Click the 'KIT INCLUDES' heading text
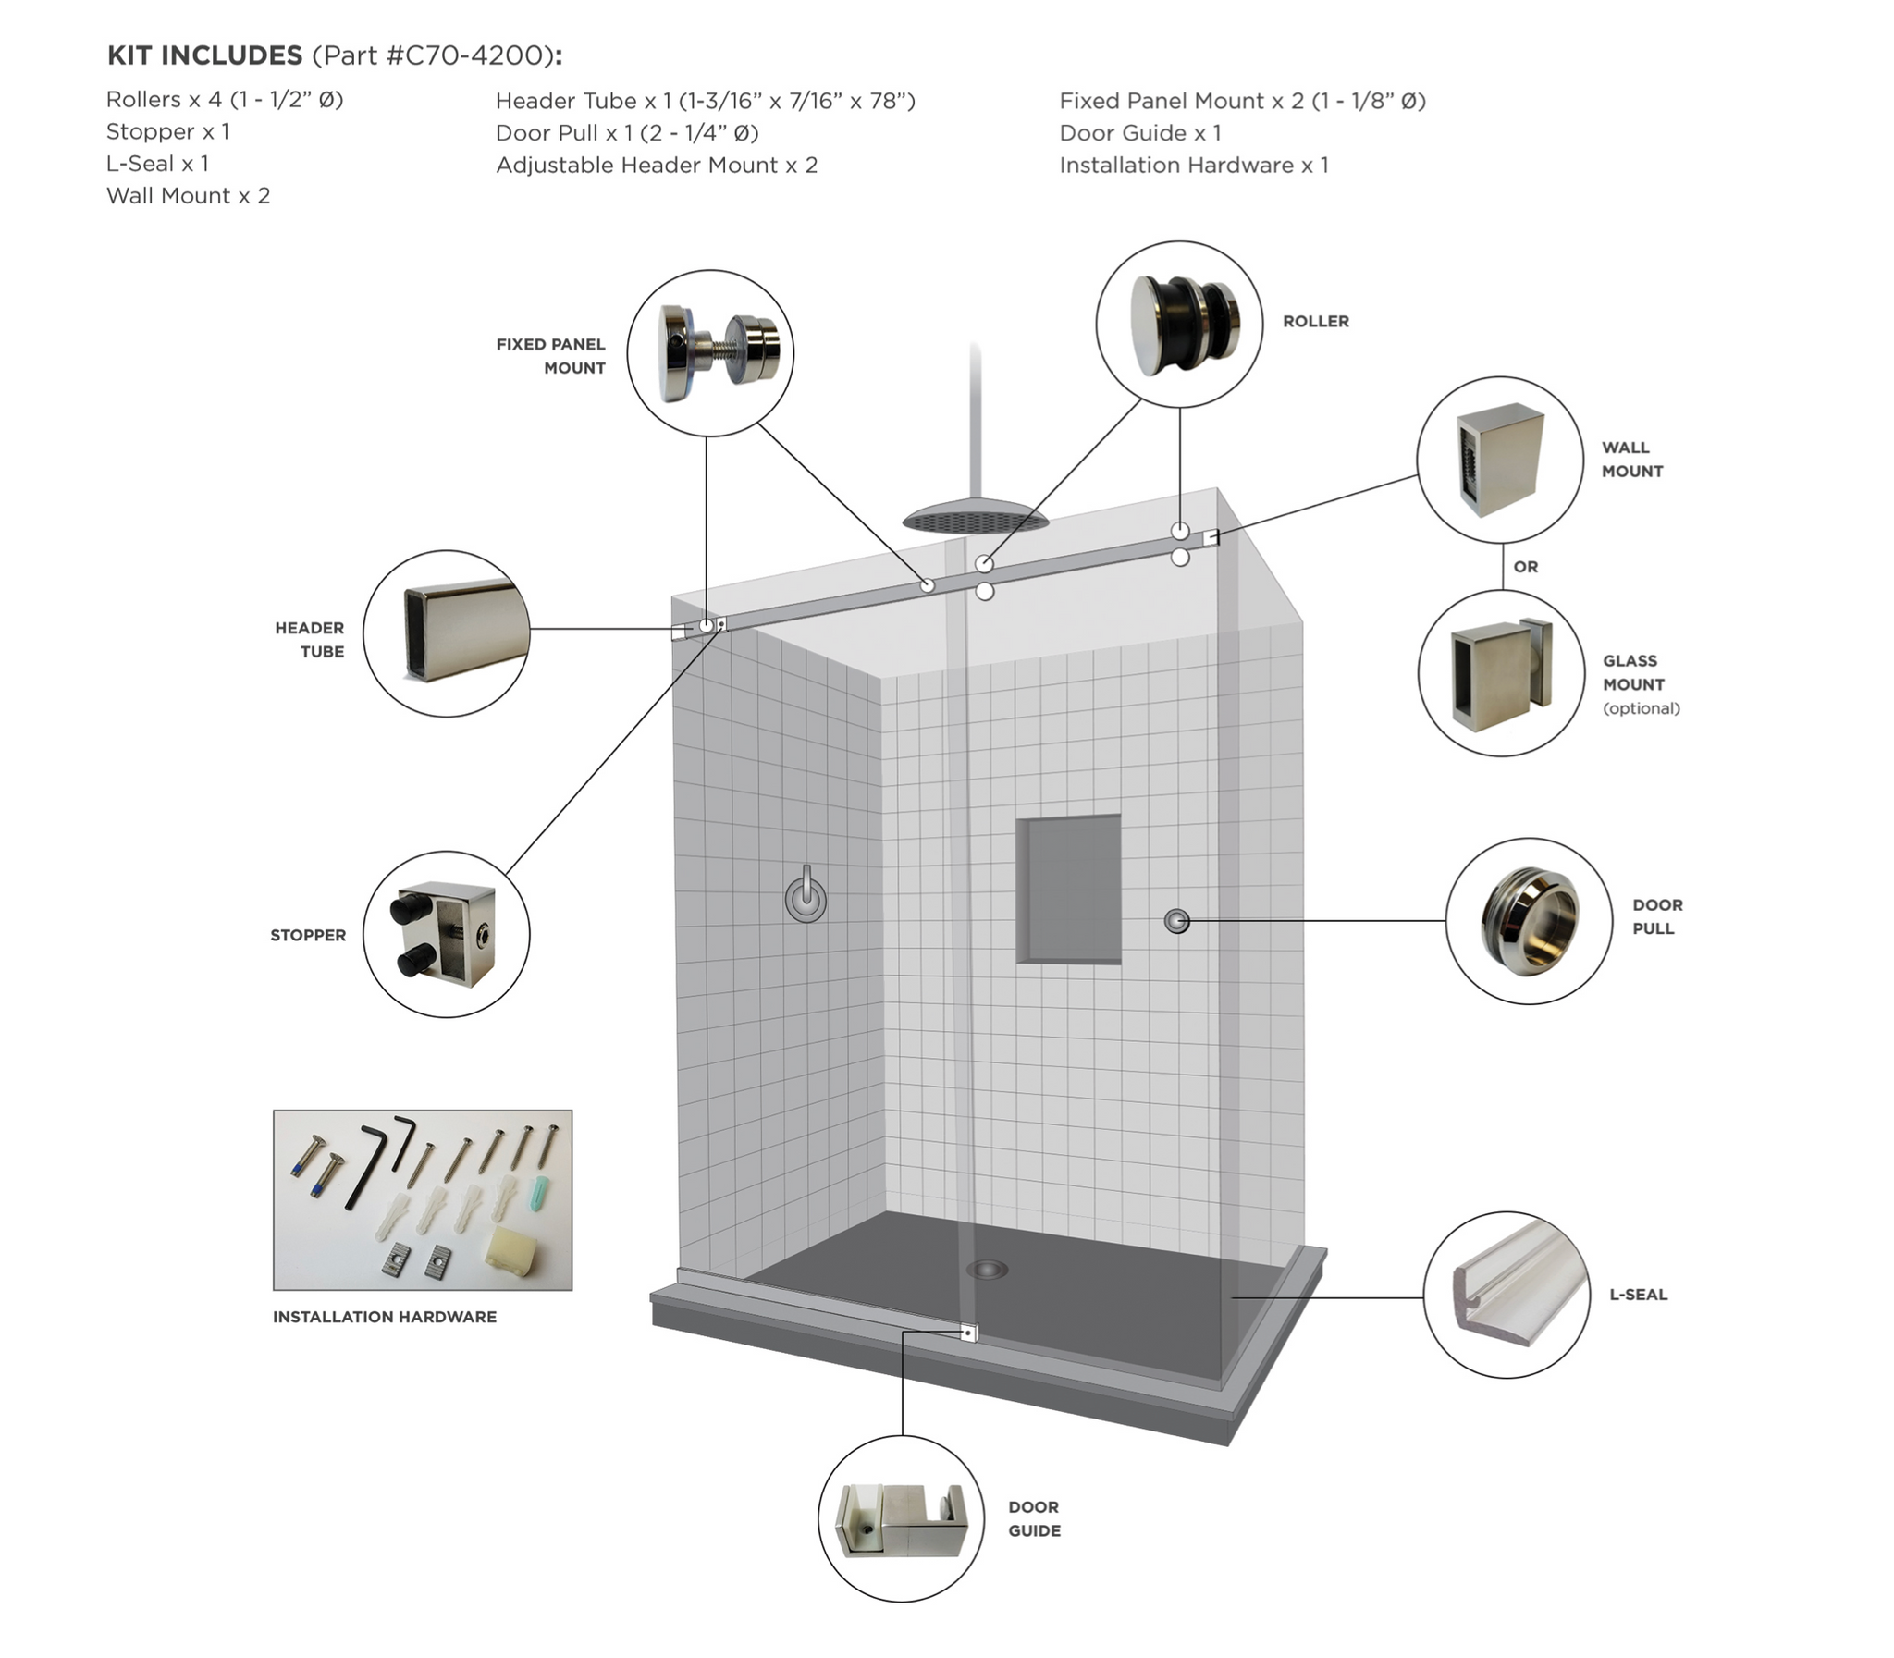(x=204, y=55)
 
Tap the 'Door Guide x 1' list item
(x=1140, y=132)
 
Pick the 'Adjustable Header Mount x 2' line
(x=656, y=165)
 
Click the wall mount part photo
(x=1499, y=459)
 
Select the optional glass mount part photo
(x=1500, y=672)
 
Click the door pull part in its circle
(x=1529, y=922)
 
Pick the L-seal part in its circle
(x=1507, y=1293)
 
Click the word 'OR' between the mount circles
(x=1525, y=566)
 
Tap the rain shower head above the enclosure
(x=976, y=518)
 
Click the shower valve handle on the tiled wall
(x=806, y=896)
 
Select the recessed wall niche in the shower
(x=1069, y=889)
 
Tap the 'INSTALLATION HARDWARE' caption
(x=384, y=1317)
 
